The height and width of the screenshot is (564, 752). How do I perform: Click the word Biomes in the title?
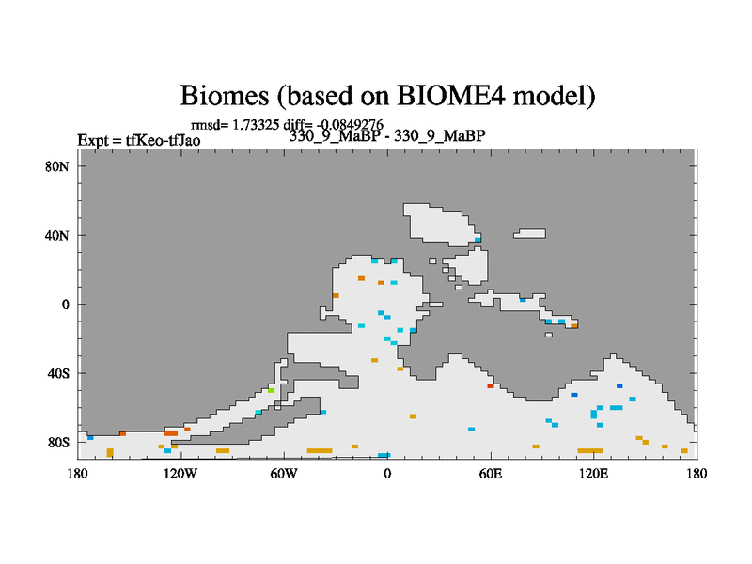tap(225, 96)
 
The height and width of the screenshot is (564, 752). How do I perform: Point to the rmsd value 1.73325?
tap(256, 125)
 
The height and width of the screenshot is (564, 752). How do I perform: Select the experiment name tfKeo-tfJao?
tap(163, 140)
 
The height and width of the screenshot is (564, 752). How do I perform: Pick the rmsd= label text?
tap(210, 126)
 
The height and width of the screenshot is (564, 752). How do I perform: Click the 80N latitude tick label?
tap(57, 167)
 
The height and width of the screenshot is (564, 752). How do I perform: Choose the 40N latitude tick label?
tap(57, 236)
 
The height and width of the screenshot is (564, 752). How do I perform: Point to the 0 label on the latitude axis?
tap(65, 305)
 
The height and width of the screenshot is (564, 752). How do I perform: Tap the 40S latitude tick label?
tap(58, 373)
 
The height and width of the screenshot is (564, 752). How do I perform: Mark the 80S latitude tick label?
tap(58, 442)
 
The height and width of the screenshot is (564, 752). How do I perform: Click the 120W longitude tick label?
tap(180, 474)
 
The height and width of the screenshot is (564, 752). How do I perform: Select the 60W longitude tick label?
tap(284, 474)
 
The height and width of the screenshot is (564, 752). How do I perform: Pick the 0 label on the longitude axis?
tap(387, 474)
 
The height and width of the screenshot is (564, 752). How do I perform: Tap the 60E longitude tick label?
tap(491, 474)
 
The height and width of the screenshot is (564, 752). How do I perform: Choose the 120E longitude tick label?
tap(594, 474)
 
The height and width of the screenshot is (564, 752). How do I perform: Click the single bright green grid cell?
tap(271, 390)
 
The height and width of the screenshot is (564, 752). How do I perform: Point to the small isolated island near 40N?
tap(529, 233)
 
